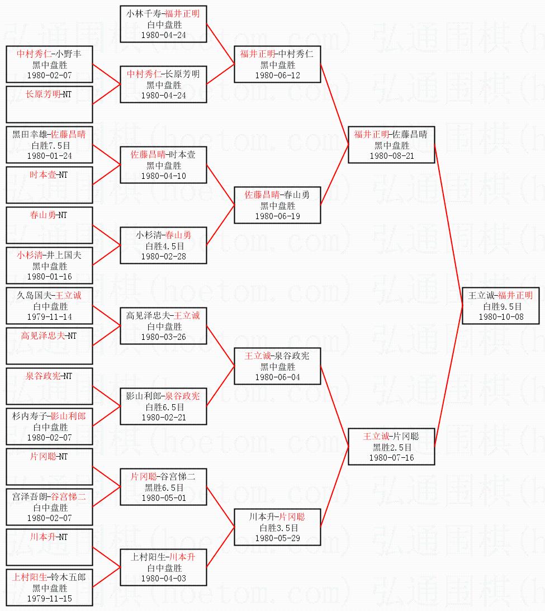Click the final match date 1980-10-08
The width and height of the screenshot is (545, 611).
tap(501, 317)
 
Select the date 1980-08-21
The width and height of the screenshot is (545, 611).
tap(391, 156)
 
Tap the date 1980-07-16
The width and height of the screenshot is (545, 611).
tap(391, 458)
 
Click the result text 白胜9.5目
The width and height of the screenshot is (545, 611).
tap(501, 306)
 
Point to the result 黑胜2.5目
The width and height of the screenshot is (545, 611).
tap(391, 447)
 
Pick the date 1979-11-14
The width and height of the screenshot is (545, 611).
tap(50, 317)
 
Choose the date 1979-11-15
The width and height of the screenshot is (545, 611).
tap(50, 599)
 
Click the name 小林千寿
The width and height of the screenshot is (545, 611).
tap(143, 14)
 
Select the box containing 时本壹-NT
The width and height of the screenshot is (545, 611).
tap(50, 183)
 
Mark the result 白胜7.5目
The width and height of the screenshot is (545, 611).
tap(50, 145)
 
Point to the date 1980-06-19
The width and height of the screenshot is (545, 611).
tap(277, 216)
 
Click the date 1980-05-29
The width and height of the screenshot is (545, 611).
tap(277, 538)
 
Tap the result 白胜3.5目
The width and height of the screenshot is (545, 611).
tap(277, 528)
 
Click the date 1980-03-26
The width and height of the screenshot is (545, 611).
tap(163, 337)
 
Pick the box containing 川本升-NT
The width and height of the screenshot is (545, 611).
tap(50, 545)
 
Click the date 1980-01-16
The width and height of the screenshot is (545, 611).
tap(50, 277)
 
